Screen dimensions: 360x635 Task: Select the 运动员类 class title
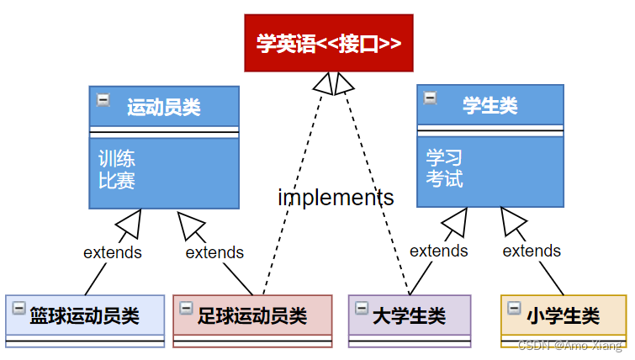(164, 107)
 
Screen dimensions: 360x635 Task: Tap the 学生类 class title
(490, 105)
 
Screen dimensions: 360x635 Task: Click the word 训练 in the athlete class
(116, 159)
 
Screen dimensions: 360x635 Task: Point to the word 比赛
(116, 180)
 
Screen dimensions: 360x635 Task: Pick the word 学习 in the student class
(444, 158)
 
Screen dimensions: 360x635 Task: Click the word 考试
(444, 179)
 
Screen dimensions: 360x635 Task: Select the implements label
(336, 198)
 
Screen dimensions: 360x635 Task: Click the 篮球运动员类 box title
(84, 316)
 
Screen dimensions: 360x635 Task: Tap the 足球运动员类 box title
(252, 316)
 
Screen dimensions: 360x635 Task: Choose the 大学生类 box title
(409, 316)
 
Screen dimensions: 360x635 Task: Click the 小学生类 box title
(564, 316)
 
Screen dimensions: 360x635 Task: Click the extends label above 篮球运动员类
(113, 251)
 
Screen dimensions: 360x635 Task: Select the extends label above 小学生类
(532, 251)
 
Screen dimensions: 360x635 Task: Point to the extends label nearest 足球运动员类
(214, 252)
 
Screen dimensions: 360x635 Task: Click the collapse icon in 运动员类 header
(103, 99)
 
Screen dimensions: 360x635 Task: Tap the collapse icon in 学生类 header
(430, 98)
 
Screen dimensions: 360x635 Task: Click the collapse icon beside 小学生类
(514, 309)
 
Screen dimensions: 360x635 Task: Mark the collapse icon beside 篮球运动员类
(19, 309)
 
